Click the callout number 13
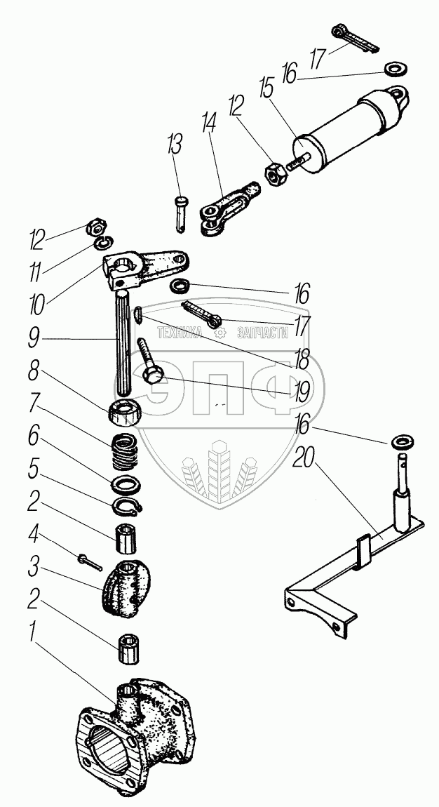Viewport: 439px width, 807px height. coord(174,147)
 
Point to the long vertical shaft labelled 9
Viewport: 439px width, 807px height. coord(122,344)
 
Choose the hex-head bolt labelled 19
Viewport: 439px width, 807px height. coord(149,364)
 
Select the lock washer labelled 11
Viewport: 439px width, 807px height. coord(102,244)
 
